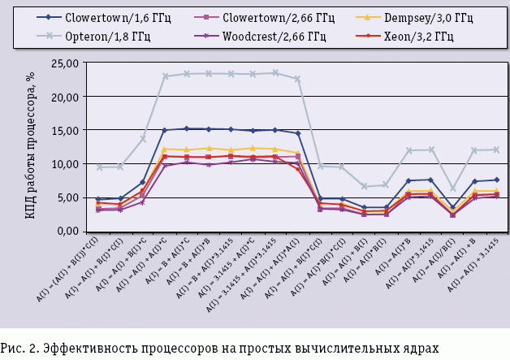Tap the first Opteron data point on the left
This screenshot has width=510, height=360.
[x=98, y=167]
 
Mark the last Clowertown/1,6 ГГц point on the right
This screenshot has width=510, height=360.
[x=496, y=180]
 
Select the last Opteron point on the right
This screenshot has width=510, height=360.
[x=496, y=150]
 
